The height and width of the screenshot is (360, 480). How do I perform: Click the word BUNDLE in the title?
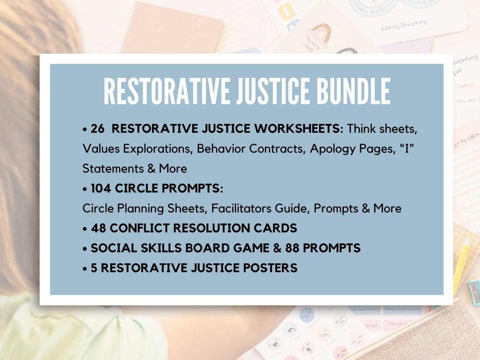[350, 92]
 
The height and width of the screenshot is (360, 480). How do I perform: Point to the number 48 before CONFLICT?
[99, 228]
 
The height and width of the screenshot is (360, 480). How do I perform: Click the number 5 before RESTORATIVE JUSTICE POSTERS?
[94, 268]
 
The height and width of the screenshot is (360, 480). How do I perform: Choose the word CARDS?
[279, 228]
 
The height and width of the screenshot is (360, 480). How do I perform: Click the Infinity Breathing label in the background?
[404, 25]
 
